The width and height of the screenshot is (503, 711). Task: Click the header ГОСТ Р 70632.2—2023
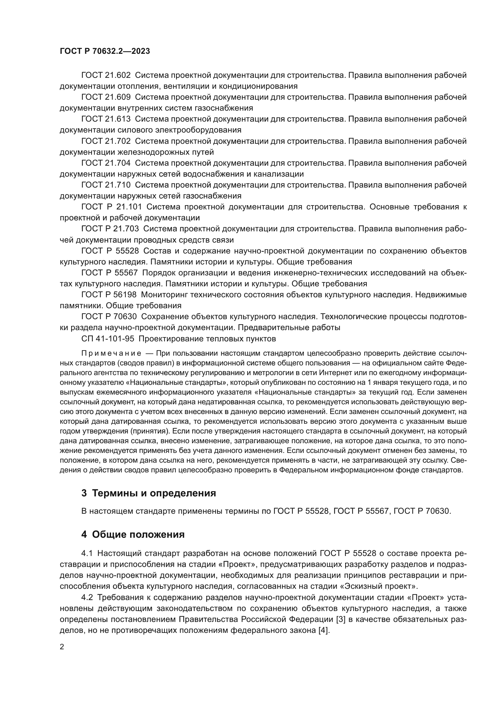(x=105, y=51)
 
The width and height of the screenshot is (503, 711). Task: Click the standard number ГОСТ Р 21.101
(x=112, y=207)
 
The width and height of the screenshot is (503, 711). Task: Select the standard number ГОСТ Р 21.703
(x=110, y=229)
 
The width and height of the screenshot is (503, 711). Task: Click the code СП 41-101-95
(x=108, y=339)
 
